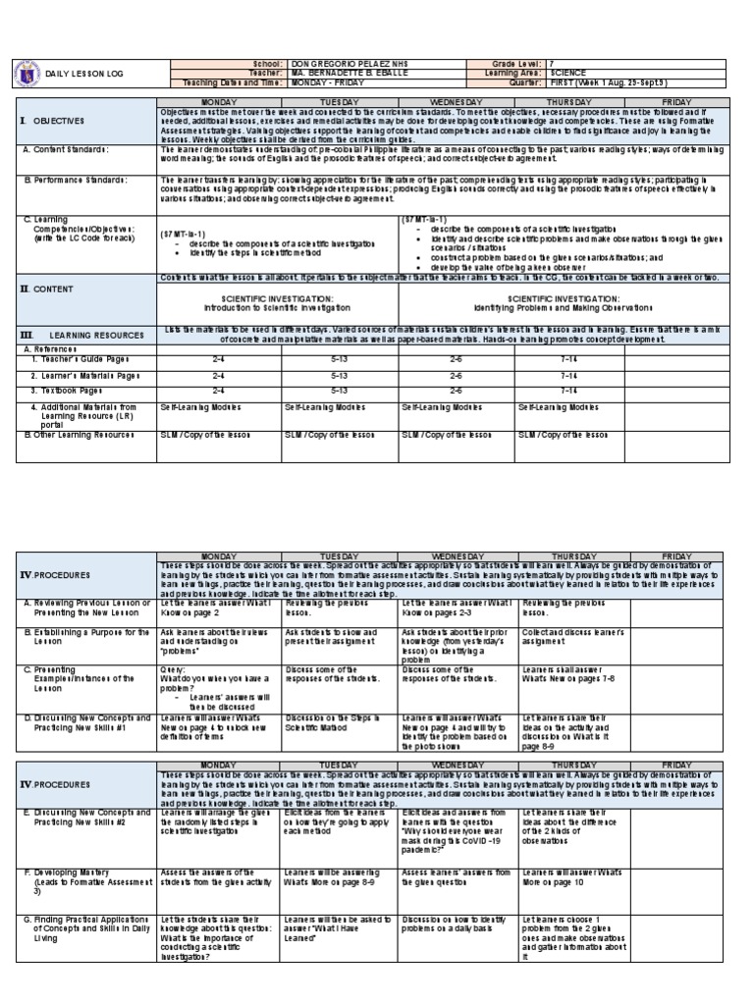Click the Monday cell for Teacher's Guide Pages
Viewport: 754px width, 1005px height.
217,359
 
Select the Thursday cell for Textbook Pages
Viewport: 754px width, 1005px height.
571,390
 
